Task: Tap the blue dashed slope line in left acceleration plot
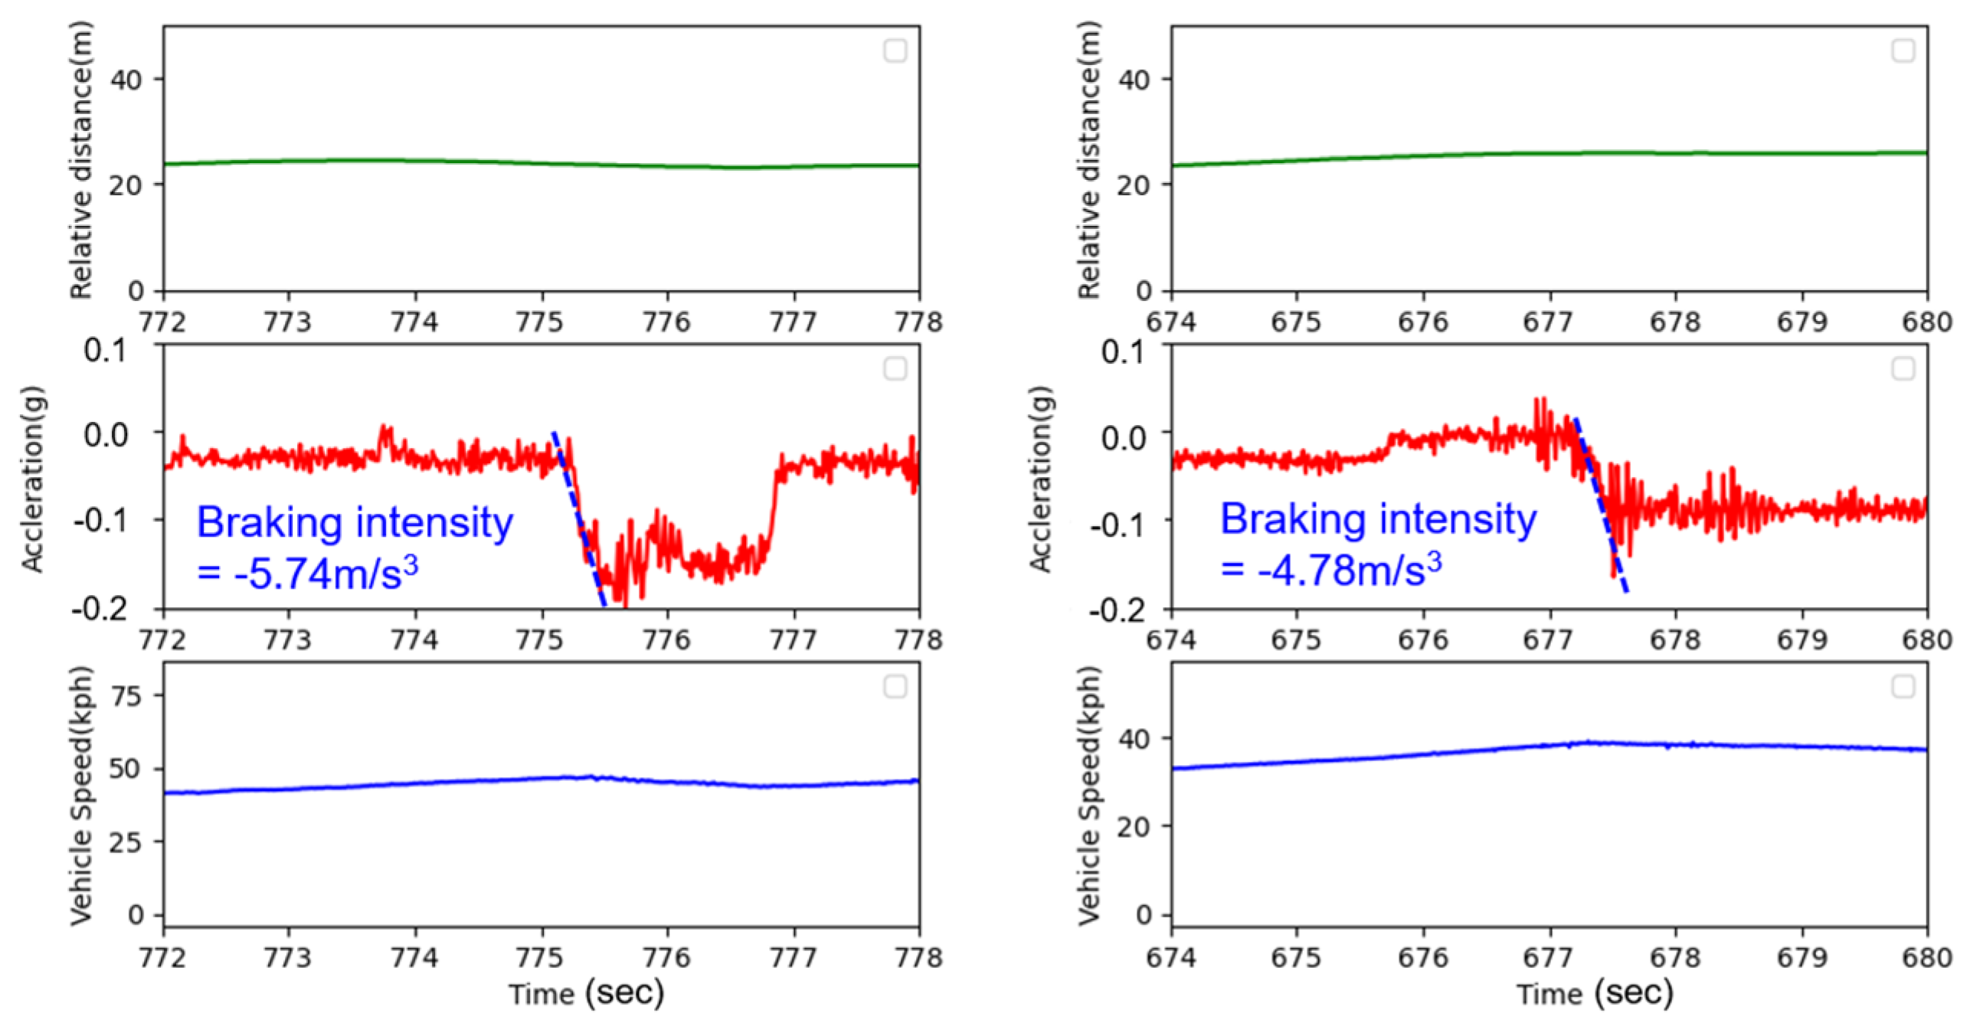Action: point(580,521)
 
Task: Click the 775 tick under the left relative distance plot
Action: point(540,322)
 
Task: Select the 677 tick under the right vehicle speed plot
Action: point(1548,958)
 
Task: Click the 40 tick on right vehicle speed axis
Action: point(1133,739)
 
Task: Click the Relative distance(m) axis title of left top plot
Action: point(80,159)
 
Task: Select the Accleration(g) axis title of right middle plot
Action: point(1039,479)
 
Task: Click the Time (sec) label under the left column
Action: point(586,993)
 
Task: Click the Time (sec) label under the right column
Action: point(1594,993)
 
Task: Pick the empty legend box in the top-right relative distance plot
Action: point(1903,51)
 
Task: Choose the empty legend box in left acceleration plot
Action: point(895,368)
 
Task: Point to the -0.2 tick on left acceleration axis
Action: point(100,610)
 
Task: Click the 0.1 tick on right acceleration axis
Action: point(1123,351)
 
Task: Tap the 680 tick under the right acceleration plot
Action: point(1926,640)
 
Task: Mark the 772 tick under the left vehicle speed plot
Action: point(162,958)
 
